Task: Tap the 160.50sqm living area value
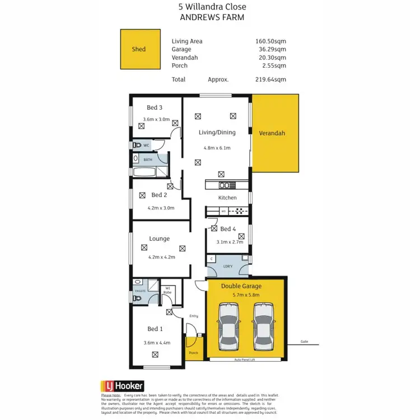(x=271, y=41)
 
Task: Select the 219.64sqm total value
(x=271, y=80)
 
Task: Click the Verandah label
(x=272, y=133)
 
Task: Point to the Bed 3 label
(x=155, y=108)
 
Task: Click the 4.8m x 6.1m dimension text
(x=217, y=148)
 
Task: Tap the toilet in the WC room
(x=137, y=145)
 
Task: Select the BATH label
(x=148, y=160)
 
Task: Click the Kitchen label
(x=227, y=198)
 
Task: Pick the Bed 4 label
(x=228, y=229)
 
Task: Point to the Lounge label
(x=159, y=239)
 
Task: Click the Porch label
(x=193, y=353)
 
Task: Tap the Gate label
(x=304, y=341)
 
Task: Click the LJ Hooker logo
(x=123, y=386)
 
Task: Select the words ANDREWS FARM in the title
(x=212, y=17)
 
